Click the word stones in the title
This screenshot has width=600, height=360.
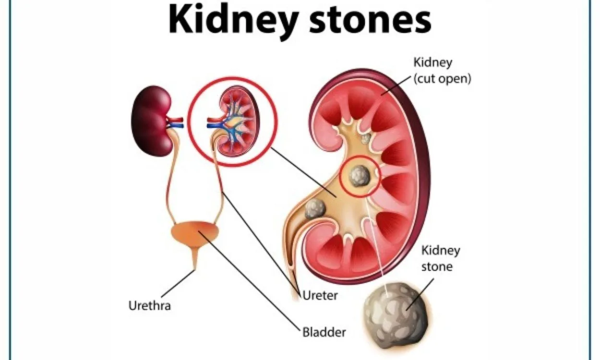click(370, 20)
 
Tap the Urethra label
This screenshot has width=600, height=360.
click(149, 306)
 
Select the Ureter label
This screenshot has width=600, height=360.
click(320, 296)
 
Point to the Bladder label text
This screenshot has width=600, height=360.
click(324, 333)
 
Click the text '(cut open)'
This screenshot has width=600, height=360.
click(442, 79)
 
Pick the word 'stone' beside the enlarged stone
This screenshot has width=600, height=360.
click(437, 267)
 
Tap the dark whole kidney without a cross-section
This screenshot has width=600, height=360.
click(152, 120)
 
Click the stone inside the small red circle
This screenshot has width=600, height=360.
click(360, 176)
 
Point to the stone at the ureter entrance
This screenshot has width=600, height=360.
click(315, 209)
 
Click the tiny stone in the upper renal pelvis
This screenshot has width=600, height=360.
click(365, 139)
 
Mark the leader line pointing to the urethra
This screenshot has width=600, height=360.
click(178, 284)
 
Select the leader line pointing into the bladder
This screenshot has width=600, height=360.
click(249, 280)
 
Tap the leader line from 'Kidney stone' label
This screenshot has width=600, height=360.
click(420, 294)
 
